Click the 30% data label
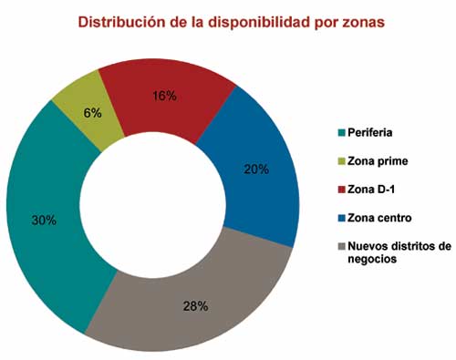pyautogui.click(x=44, y=221)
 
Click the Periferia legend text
pyautogui.click(x=370, y=131)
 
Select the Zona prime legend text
pyautogui.click(x=378, y=160)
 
